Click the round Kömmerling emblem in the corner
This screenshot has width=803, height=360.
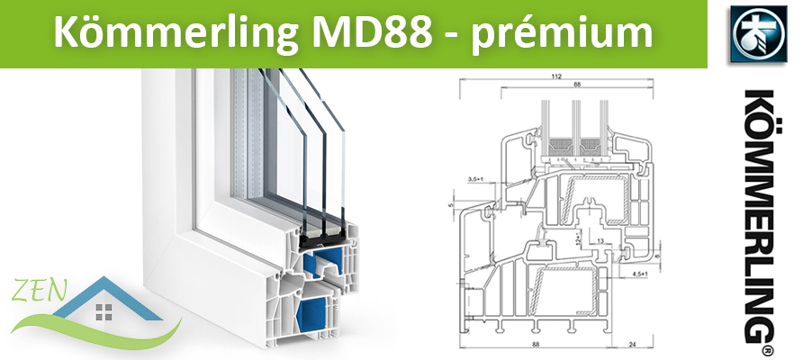pos(759,34)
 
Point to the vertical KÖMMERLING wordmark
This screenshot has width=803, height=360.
pos(759,215)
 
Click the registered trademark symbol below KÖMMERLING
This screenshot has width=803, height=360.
pos(767,350)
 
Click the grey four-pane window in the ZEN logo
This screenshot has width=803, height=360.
pos(104,311)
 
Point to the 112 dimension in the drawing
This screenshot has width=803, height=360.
pos(556,76)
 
